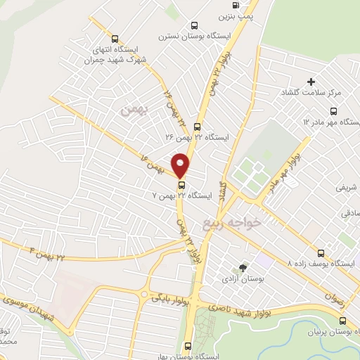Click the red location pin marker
tap(181, 164)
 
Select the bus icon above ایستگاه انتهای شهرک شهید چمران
tap(115, 39)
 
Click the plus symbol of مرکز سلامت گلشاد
tap(311, 82)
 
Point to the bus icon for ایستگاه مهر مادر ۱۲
tap(333, 111)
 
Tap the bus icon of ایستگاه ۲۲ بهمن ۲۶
tap(197, 127)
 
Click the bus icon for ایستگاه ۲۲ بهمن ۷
tap(181, 185)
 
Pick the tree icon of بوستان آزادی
tap(243, 267)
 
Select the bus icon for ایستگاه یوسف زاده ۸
tap(321, 252)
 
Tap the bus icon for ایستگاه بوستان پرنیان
tap(342, 320)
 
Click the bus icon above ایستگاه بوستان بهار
tap(187, 346)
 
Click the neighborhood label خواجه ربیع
tap(231, 223)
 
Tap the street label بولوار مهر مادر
tap(280, 171)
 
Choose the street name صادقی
tap(349, 212)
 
